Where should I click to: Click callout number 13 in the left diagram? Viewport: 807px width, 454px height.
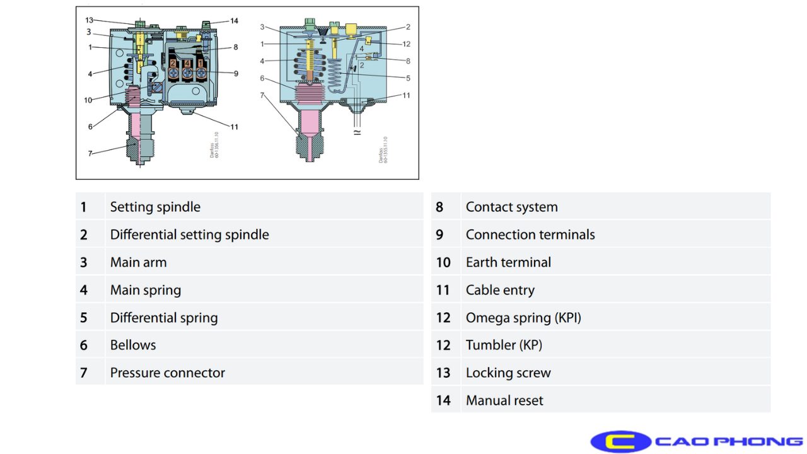pyautogui.click(x=90, y=20)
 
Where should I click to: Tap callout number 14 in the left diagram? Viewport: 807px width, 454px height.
pyautogui.click(x=234, y=21)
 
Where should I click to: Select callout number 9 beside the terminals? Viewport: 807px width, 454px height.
pyautogui.click(x=236, y=73)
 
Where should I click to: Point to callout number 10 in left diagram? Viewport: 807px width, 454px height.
pyautogui.click(x=89, y=100)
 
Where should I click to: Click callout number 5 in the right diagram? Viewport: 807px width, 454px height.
pyautogui.click(x=408, y=78)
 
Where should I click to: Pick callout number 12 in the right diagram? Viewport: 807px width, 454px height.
pyautogui.click(x=407, y=44)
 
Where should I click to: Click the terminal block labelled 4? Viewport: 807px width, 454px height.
pyautogui.click(x=187, y=64)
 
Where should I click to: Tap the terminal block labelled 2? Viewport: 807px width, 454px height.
pyautogui.click(x=173, y=64)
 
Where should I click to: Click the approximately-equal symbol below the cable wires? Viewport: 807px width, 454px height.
pyautogui.click(x=358, y=133)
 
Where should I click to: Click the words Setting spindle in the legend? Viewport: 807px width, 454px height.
pyautogui.click(x=155, y=207)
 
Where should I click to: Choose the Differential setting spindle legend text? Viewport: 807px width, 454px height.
pyautogui.click(x=189, y=235)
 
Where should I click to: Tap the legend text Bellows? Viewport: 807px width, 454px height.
pyautogui.click(x=133, y=345)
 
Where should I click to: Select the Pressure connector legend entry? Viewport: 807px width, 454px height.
pyautogui.click(x=167, y=373)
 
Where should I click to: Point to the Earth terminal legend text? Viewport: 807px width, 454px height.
pyautogui.click(x=508, y=262)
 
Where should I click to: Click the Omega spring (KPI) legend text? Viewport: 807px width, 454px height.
pyautogui.click(x=523, y=318)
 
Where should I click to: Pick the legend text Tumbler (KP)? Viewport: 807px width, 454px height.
pyautogui.click(x=504, y=345)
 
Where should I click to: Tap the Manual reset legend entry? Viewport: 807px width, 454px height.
pyautogui.click(x=504, y=400)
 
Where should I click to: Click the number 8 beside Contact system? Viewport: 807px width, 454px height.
pyautogui.click(x=439, y=207)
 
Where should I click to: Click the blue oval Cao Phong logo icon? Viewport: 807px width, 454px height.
pyautogui.click(x=620, y=441)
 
